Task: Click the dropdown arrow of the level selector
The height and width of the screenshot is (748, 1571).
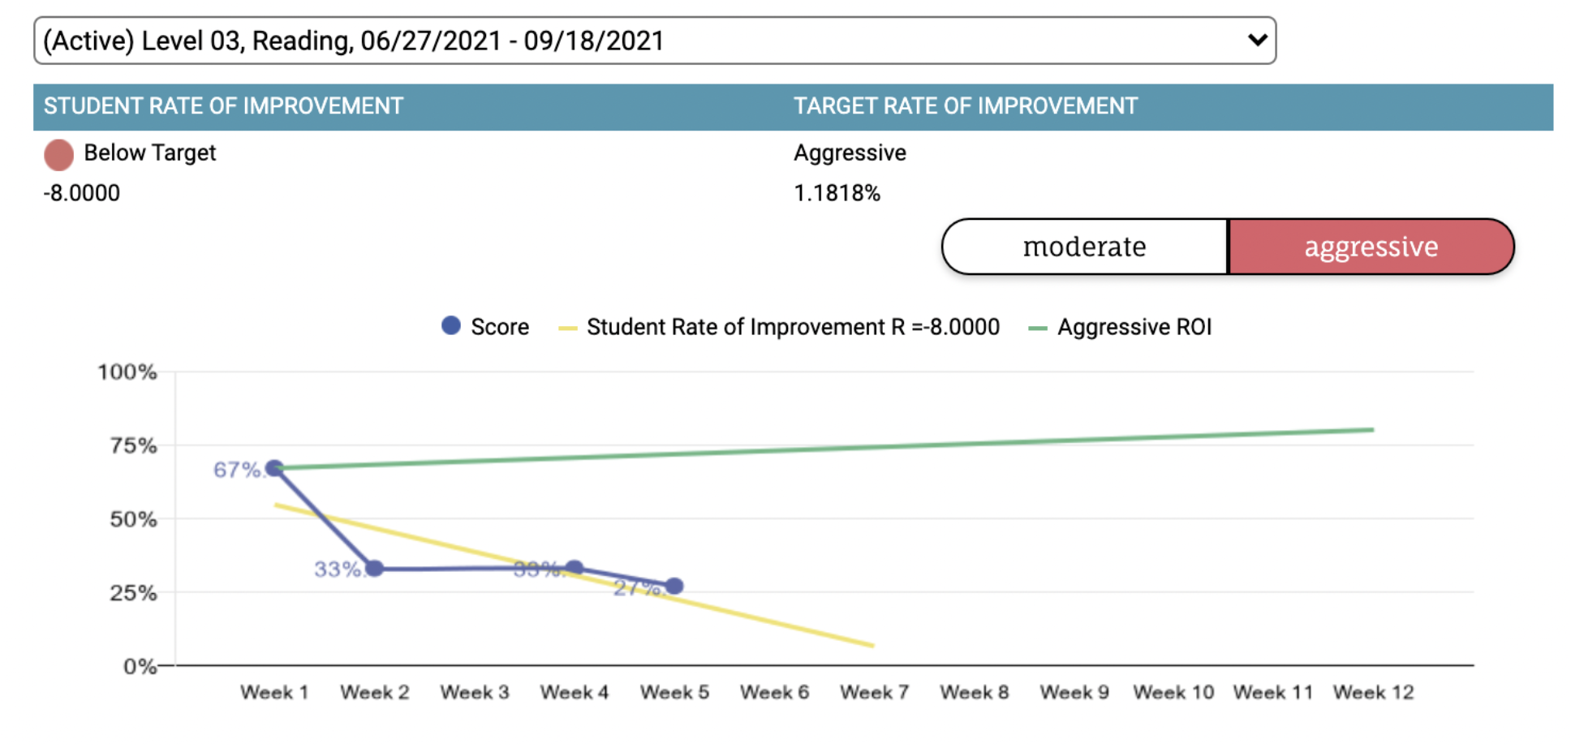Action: (1257, 40)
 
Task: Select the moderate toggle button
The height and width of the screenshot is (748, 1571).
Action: (1084, 247)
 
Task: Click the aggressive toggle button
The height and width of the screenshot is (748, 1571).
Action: (1371, 247)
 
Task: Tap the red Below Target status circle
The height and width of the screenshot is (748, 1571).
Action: (58, 154)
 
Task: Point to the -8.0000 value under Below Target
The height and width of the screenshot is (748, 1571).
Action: (82, 193)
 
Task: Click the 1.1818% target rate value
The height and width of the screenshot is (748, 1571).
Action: (837, 193)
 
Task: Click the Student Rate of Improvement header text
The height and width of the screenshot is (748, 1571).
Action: (223, 106)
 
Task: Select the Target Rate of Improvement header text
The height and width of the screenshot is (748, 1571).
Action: (966, 106)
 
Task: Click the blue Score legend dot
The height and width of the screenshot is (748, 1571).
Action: (451, 326)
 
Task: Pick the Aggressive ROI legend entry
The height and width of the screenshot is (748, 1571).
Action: (1134, 327)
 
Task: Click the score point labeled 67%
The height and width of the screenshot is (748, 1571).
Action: (275, 468)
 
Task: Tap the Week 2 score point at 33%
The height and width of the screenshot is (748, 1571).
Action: (375, 568)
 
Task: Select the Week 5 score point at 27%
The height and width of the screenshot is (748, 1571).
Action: (674, 586)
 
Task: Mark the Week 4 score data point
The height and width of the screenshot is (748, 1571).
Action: (575, 568)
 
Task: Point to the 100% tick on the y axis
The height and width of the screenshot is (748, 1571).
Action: (127, 372)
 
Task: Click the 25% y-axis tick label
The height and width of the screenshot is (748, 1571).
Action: (133, 593)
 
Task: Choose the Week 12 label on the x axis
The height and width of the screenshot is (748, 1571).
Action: (1373, 693)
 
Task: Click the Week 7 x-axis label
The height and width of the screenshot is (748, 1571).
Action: (874, 693)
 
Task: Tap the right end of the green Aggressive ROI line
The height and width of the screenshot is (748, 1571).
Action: (1372, 430)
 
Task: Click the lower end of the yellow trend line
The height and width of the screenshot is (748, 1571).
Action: (872, 646)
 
